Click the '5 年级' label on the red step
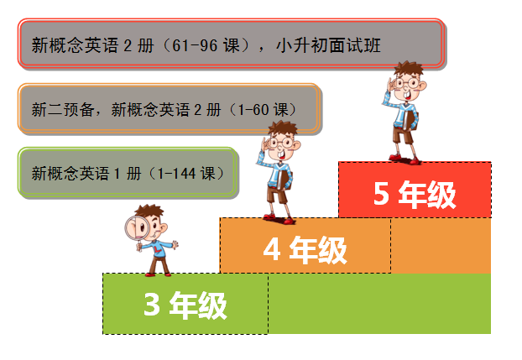tap(415, 195)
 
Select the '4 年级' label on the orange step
tap(305, 249)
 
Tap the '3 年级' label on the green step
tap(185, 305)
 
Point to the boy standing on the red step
tap(406, 113)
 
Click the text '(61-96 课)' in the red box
tap(201, 45)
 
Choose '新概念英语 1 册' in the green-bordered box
tap(87, 174)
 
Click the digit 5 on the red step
tap(381, 195)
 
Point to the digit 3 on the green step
tap(152, 305)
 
